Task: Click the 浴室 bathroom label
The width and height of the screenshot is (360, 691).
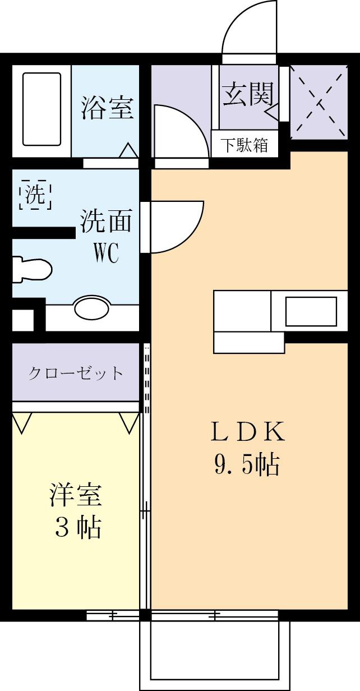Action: (x=107, y=108)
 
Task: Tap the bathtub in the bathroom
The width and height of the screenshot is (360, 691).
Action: (x=41, y=109)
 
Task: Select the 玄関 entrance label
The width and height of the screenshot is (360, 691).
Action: (x=248, y=94)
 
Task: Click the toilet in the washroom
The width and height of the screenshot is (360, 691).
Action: (x=33, y=270)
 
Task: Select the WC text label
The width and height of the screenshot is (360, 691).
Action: (x=105, y=254)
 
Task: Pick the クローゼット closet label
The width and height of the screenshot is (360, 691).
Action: (x=76, y=373)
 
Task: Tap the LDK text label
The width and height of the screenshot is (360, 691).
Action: (x=247, y=432)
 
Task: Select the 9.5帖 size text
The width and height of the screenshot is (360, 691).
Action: (x=247, y=464)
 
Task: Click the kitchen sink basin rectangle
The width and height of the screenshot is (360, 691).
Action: (x=311, y=311)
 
